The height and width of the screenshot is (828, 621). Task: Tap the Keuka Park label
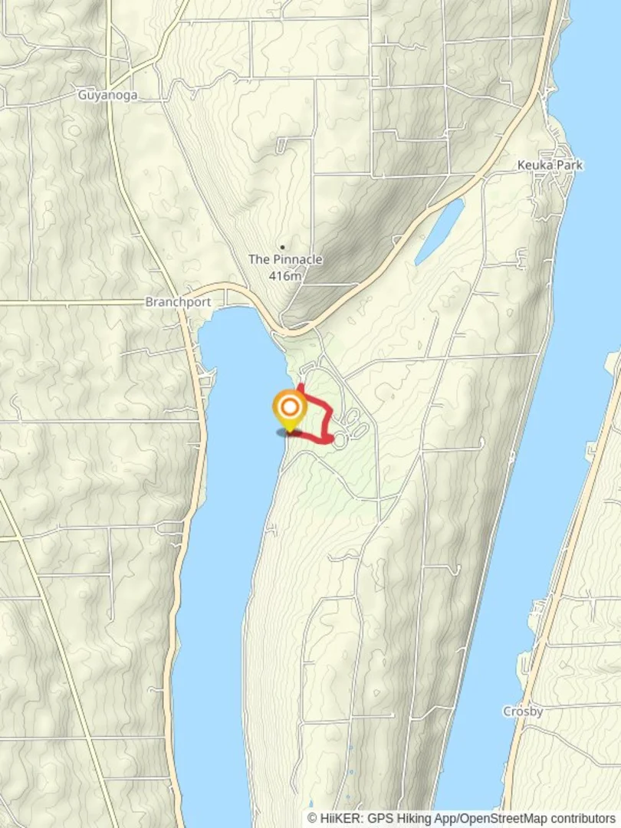[550, 165]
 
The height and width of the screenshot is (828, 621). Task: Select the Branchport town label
[178, 302]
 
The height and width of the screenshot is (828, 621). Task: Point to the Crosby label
[523, 711]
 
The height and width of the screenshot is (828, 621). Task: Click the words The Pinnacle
[285, 260]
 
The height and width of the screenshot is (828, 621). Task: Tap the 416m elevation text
[285, 275]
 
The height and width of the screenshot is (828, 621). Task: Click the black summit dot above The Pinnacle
[283, 247]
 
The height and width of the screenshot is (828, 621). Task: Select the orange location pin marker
[290, 410]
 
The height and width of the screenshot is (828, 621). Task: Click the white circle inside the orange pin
[290, 406]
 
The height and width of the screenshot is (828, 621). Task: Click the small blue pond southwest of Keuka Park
[439, 231]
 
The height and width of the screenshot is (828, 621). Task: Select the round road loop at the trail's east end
[340, 439]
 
